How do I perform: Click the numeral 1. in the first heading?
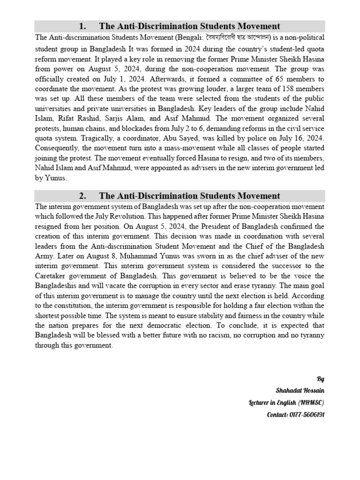[x=82, y=26]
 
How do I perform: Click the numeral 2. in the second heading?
[x=82, y=196]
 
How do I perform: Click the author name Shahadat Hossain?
[x=300, y=390]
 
